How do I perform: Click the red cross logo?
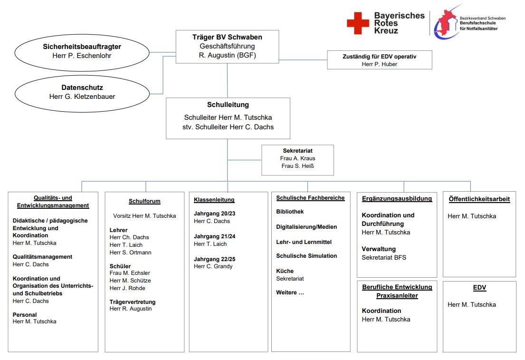click(x=358, y=23)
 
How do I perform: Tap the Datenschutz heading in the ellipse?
click(x=82, y=88)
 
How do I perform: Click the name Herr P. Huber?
click(x=379, y=64)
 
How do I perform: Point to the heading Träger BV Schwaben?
click(x=227, y=37)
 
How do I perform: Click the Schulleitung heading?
click(x=228, y=105)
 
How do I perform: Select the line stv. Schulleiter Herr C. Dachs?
click(x=228, y=127)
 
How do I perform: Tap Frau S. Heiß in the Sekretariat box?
click(x=297, y=166)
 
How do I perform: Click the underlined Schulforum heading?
click(x=144, y=201)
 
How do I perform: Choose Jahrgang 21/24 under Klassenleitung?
click(x=215, y=236)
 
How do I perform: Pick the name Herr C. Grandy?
click(x=213, y=266)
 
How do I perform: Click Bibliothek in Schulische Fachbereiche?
click(x=290, y=212)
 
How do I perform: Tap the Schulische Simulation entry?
click(x=306, y=256)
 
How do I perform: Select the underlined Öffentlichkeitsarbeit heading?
click(x=479, y=199)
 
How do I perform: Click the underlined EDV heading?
click(x=479, y=288)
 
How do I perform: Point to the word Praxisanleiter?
click(x=397, y=296)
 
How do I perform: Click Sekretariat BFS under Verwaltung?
click(x=384, y=257)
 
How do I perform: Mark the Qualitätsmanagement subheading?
click(x=42, y=257)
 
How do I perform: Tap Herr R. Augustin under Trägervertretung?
click(x=131, y=309)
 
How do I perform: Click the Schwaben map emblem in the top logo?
click(x=445, y=23)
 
